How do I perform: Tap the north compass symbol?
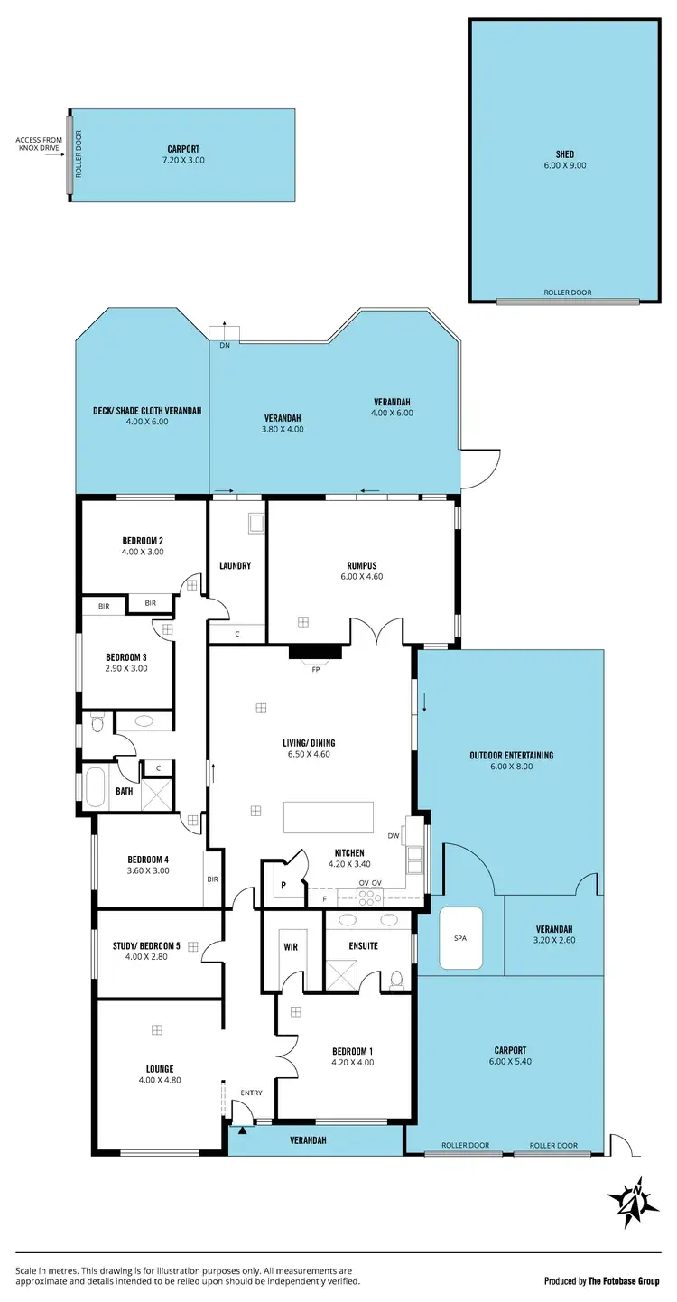tap(629, 1202)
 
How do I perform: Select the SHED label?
tap(564, 154)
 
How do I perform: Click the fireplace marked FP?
tap(315, 653)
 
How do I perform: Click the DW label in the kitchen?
tap(393, 836)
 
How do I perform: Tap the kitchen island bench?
tap(328, 817)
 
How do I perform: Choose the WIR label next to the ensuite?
tap(291, 946)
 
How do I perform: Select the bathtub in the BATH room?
tap(94, 786)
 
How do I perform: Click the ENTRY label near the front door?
tap(251, 1093)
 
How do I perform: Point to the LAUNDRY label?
tap(235, 566)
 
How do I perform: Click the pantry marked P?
tap(283, 886)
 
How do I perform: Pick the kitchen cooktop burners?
tap(371, 897)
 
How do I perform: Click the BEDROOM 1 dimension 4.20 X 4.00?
tap(352, 1063)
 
